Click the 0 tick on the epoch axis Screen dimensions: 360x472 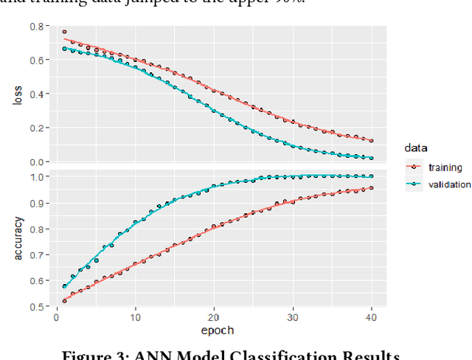[58, 319]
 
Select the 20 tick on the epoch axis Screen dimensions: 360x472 [213, 319]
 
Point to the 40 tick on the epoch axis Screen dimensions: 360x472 [370, 319]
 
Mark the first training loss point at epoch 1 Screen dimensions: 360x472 [65, 32]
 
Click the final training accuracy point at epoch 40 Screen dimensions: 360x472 [370, 188]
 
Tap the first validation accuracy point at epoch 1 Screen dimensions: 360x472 [65, 287]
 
